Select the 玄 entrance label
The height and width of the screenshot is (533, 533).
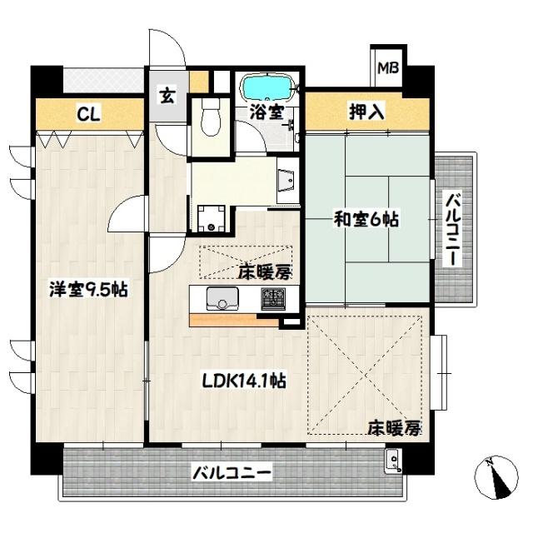[167, 95]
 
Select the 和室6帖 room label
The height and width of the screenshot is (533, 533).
[366, 220]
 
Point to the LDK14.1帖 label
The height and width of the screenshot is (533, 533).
[246, 381]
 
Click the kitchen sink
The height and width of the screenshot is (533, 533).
[222, 297]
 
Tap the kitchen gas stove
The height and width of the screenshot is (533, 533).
[271, 297]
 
